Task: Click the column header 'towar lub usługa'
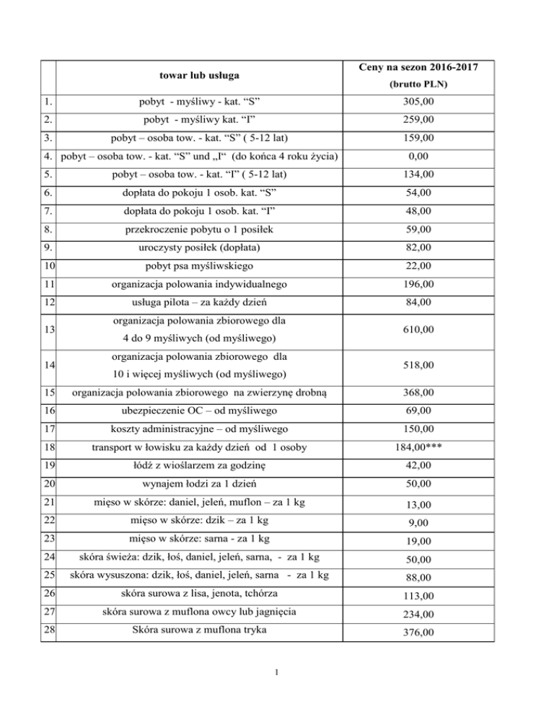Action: click(200, 75)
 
